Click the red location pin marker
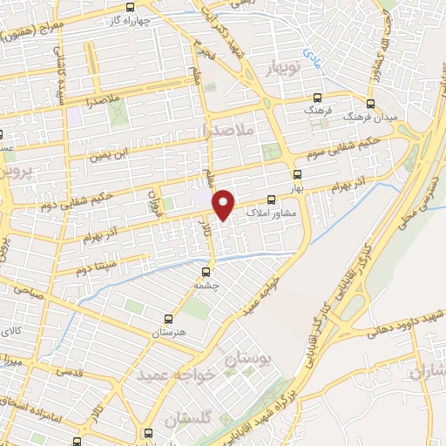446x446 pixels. [x=225, y=203]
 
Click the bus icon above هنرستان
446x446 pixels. [x=168, y=319]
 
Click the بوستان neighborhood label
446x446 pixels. [x=248, y=358]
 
